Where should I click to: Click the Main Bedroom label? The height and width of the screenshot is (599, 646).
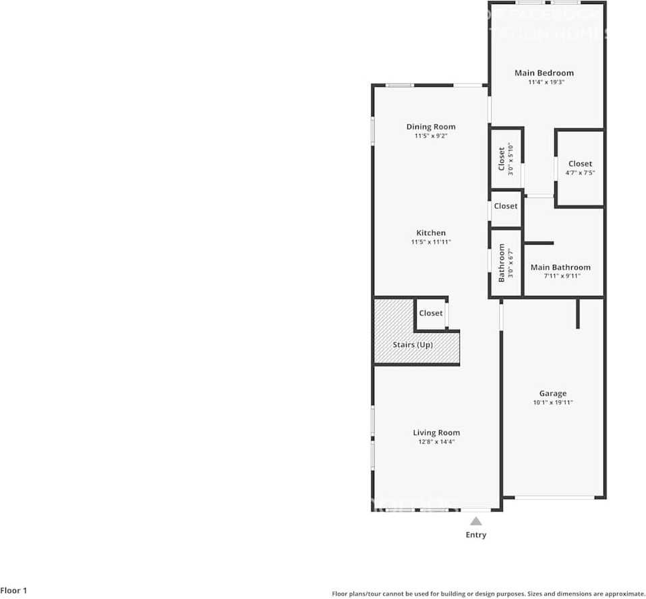point(544,73)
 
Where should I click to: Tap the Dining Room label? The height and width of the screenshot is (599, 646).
point(430,127)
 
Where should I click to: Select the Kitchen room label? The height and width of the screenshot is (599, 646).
point(430,233)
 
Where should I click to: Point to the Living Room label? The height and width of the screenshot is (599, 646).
point(436,433)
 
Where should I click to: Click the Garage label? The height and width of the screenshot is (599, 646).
point(552,393)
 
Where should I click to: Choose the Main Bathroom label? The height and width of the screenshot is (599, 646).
point(560,267)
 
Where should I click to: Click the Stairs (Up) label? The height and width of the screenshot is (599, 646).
point(413,345)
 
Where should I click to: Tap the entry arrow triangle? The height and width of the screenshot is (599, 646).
point(475,521)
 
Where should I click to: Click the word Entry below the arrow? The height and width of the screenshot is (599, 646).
point(475,535)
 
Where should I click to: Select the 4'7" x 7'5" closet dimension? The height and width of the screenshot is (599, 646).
point(579,173)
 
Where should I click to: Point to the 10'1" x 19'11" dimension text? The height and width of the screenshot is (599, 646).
point(552,403)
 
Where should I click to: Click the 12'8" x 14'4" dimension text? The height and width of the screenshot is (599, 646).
point(436,442)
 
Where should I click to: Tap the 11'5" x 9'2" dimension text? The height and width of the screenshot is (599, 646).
point(430,136)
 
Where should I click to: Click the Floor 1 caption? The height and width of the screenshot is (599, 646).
point(13,591)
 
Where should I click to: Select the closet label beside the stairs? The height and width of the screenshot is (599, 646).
point(431,313)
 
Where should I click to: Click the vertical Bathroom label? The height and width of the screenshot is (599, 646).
point(502,263)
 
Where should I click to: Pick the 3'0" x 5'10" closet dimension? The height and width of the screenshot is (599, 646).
point(511,160)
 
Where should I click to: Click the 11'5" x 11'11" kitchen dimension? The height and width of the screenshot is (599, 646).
point(430,243)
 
